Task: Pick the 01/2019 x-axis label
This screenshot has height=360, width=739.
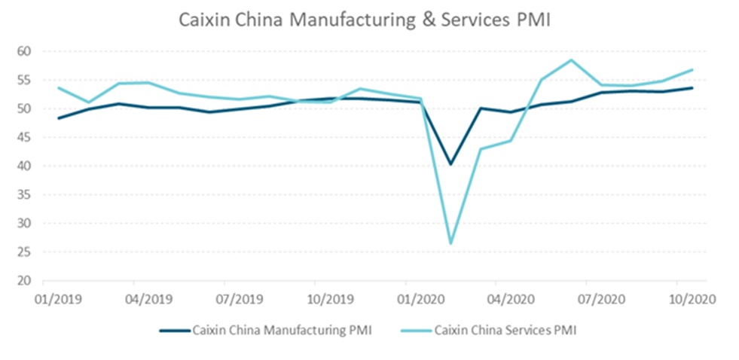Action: (x=59, y=298)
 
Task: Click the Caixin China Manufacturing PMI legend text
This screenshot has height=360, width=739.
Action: (x=282, y=329)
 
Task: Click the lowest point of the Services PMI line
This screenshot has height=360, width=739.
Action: (x=451, y=243)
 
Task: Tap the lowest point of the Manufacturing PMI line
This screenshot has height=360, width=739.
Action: (x=451, y=164)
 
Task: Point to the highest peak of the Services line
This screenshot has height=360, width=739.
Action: (x=572, y=60)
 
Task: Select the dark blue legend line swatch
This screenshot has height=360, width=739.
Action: (x=174, y=329)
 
